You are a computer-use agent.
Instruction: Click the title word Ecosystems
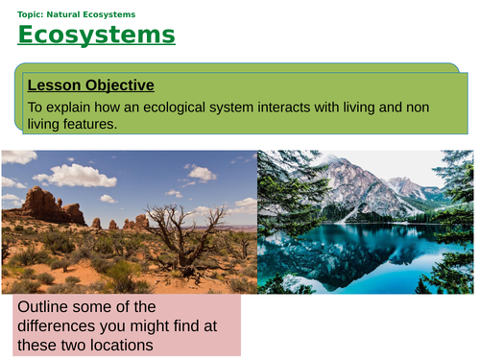click(x=96, y=36)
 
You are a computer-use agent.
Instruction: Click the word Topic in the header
click(x=30, y=13)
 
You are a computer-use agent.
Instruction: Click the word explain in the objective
click(x=72, y=108)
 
